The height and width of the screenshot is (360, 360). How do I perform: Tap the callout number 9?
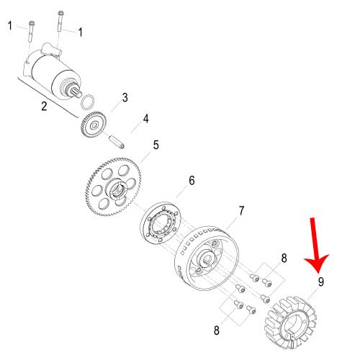tap(321, 282)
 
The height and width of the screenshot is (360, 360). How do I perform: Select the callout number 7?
tap(241, 211)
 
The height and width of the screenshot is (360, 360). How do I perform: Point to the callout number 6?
tap(192, 181)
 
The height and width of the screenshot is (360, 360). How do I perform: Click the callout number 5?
tap(156, 145)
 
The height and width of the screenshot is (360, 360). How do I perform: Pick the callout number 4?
tap(145, 119)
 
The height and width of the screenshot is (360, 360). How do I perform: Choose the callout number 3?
tap(125, 98)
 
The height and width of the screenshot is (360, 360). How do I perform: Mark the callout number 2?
tap(44, 106)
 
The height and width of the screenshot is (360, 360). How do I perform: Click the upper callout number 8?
tap(284, 258)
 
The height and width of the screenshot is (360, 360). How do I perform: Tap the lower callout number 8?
tap(217, 330)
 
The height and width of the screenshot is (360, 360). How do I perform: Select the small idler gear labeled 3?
tap(94, 124)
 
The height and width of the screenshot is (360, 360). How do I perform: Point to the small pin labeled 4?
tap(117, 142)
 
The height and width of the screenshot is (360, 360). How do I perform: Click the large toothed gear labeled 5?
tap(113, 186)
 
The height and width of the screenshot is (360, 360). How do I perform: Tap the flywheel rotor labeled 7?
tap(206, 258)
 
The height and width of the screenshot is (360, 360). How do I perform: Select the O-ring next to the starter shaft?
tap(87, 103)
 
